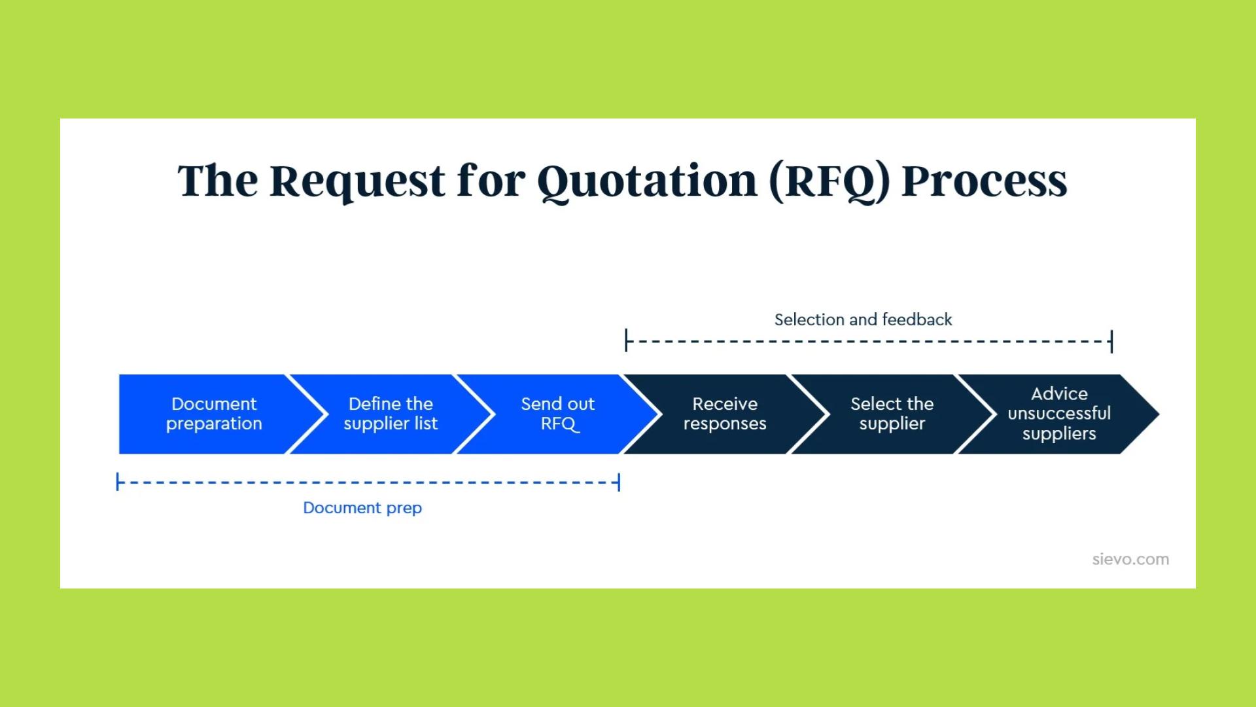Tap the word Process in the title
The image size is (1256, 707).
pos(984,181)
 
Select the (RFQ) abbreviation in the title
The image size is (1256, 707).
pos(829,181)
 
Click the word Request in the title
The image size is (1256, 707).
pos(358,181)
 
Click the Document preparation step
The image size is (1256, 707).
pos(214,414)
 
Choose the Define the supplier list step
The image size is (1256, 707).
pos(391,414)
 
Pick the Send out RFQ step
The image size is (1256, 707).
pos(557,414)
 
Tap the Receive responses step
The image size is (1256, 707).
pos(725,414)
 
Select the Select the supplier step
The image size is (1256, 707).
pos(892,414)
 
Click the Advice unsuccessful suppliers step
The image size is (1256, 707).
pos(1059,414)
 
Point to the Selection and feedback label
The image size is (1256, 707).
pos(863,319)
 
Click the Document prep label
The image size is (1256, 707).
pos(362,508)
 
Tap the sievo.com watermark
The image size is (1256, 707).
pos(1130,560)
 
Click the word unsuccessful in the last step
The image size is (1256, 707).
pos(1059,414)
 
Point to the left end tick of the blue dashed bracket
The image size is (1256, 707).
pos(118,482)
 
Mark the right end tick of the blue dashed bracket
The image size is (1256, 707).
pos(619,482)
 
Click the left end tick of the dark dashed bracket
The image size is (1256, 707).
pos(627,340)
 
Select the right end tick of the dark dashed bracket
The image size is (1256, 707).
pos(1111,341)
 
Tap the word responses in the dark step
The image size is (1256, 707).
pos(725,424)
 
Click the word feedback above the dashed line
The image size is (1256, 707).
pos(917,319)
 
